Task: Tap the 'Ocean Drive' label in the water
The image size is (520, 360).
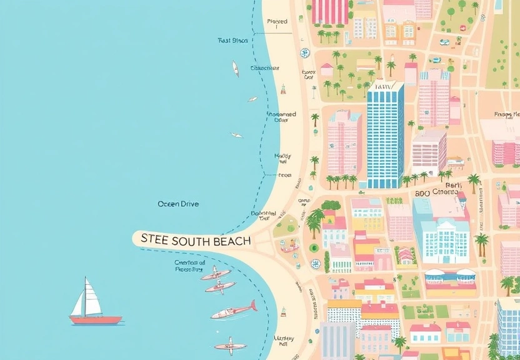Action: tap(178, 204)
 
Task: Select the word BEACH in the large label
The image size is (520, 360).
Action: tap(233, 240)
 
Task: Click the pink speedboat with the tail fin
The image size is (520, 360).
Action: tap(234, 309)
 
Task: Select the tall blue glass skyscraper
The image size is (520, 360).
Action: tap(385, 135)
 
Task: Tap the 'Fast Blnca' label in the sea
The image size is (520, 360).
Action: tap(232, 41)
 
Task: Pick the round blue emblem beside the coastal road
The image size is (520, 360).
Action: tap(304, 53)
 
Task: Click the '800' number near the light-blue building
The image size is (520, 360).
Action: tap(422, 193)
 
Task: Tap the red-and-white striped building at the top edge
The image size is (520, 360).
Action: tap(330, 11)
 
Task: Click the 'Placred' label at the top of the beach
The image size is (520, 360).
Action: tap(277, 22)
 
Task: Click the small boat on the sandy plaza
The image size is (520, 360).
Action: tap(289, 248)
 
